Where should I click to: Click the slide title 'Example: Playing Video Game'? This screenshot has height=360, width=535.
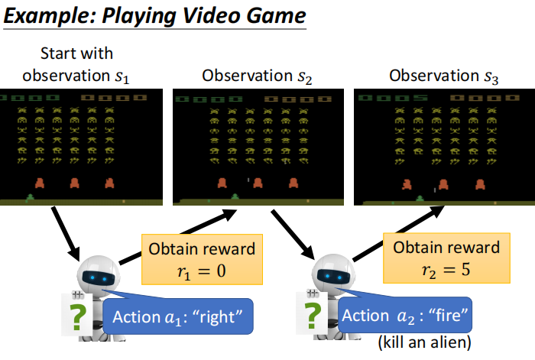tap(152, 16)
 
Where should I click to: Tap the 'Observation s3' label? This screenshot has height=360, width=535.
tap(443, 76)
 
